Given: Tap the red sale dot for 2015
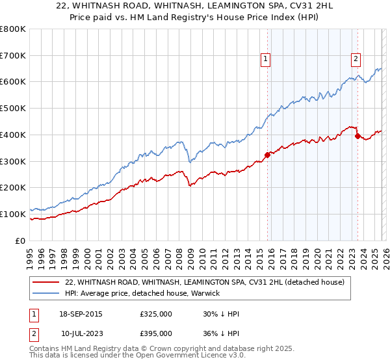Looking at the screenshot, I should [267, 154].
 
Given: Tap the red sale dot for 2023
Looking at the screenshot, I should [357, 136].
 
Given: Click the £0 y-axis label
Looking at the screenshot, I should [20, 240].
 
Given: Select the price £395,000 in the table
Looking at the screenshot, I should [155, 333].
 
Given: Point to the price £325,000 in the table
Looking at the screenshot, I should [155, 314].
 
